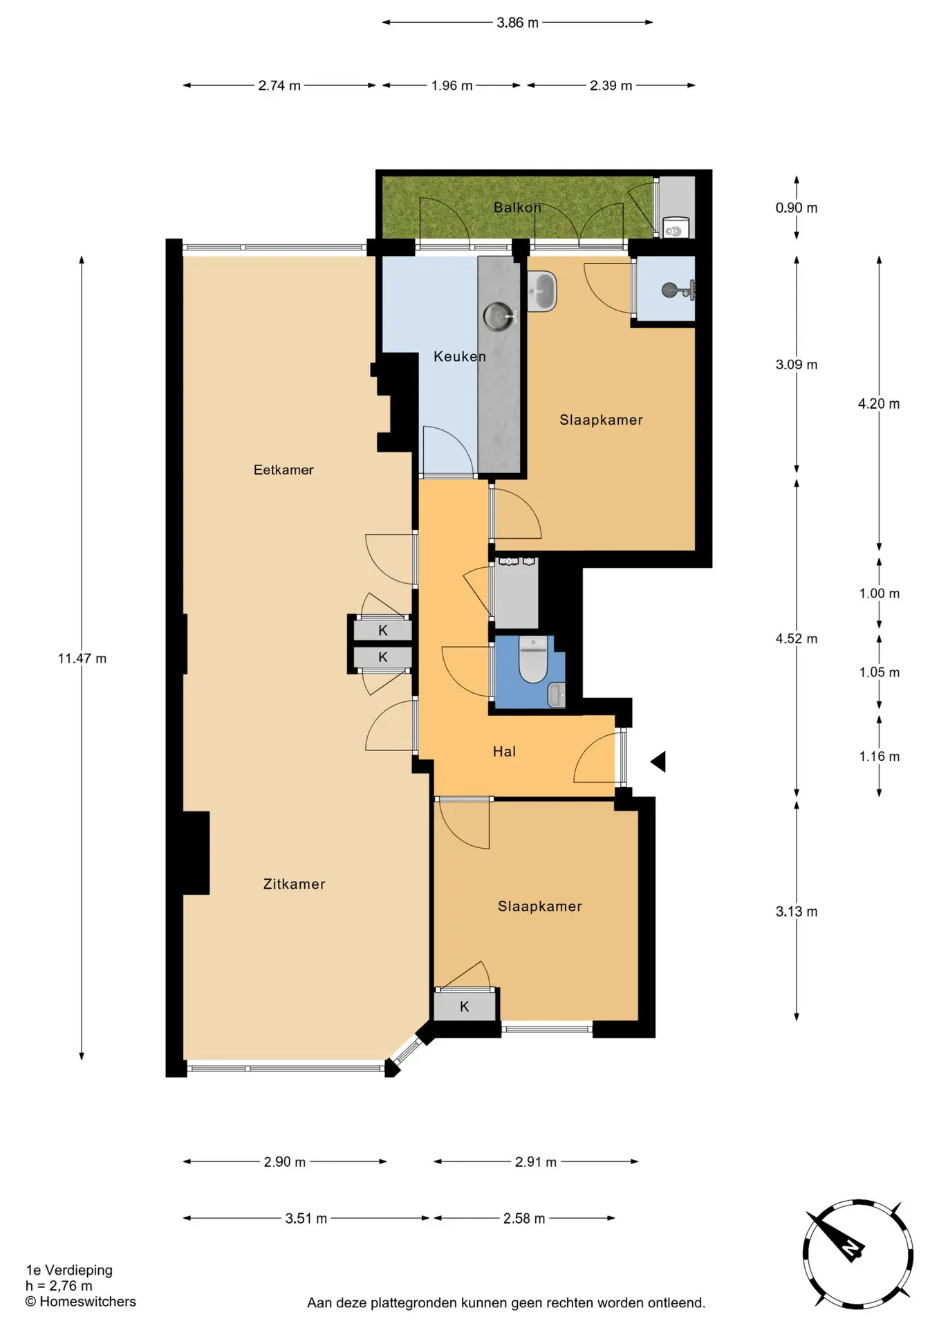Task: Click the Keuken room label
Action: pyautogui.click(x=460, y=356)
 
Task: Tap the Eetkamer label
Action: pyautogui.click(x=283, y=470)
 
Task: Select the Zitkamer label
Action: pyautogui.click(x=294, y=884)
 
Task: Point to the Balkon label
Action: pyautogui.click(x=517, y=207)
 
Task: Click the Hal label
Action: pyautogui.click(x=504, y=751)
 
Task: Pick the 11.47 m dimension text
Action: pyautogui.click(x=82, y=658)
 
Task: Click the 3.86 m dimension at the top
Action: pyautogui.click(x=517, y=23)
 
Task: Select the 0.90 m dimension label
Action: pyautogui.click(x=797, y=207)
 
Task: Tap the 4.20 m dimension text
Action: pyautogui.click(x=879, y=404)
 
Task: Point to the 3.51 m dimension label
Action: pyautogui.click(x=306, y=1218)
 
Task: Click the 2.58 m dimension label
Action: pyautogui.click(x=524, y=1218)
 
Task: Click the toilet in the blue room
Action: pyautogui.click(x=533, y=660)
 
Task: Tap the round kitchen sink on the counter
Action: pyautogui.click(x=497, y=316)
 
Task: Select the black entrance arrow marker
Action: pyautogui.click(x=658, y=762)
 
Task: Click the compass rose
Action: pyautogui.click(x=857, y=1254)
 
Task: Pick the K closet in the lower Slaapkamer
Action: pyautogui.click(x=465, y=1006)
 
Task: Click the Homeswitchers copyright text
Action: pyautogui.click(x=81, y=1301)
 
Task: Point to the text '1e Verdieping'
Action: pyautogui.click(x=69, y=1270)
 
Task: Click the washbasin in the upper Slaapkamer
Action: pyautogui.click(x=542, y=291)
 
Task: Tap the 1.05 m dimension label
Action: pyautogui.click(x=879, y=672)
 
